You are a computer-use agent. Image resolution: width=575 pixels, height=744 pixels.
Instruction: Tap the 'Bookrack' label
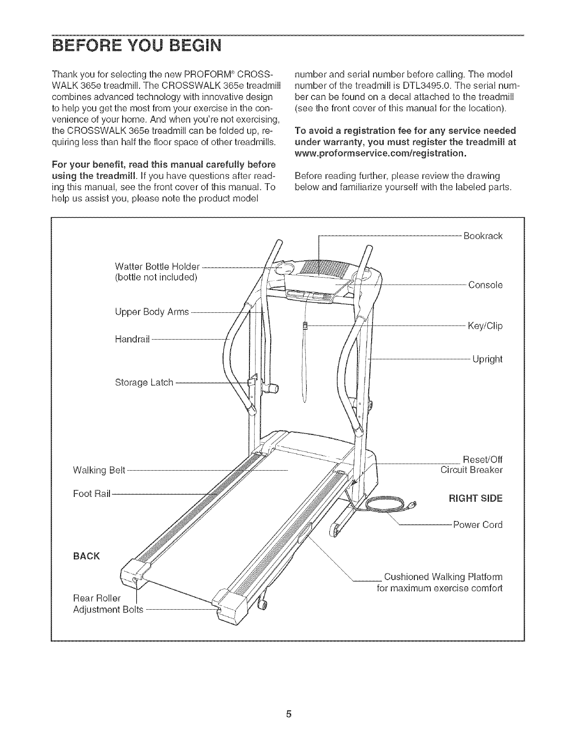[482, 236]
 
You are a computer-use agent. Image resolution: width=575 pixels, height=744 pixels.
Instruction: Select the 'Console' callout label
[485, 285]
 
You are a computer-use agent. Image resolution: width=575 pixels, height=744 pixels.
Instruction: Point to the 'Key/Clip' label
[485, 326]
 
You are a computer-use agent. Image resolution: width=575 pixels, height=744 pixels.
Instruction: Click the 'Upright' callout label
[487, 360]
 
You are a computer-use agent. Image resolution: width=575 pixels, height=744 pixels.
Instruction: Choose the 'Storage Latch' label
[144, 382]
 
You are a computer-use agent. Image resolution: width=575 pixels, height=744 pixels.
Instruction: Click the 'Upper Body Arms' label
[152, 312]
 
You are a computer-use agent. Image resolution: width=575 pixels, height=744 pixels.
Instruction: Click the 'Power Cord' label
[477, 525]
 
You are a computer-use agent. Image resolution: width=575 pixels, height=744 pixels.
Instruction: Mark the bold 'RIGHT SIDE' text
[475, 498]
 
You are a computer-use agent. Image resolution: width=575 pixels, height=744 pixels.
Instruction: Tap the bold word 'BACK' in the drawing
[86, 557]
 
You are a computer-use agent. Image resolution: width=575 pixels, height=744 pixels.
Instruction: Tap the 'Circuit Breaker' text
[471, 470]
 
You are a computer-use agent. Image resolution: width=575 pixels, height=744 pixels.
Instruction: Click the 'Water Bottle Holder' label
[157, 267]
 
